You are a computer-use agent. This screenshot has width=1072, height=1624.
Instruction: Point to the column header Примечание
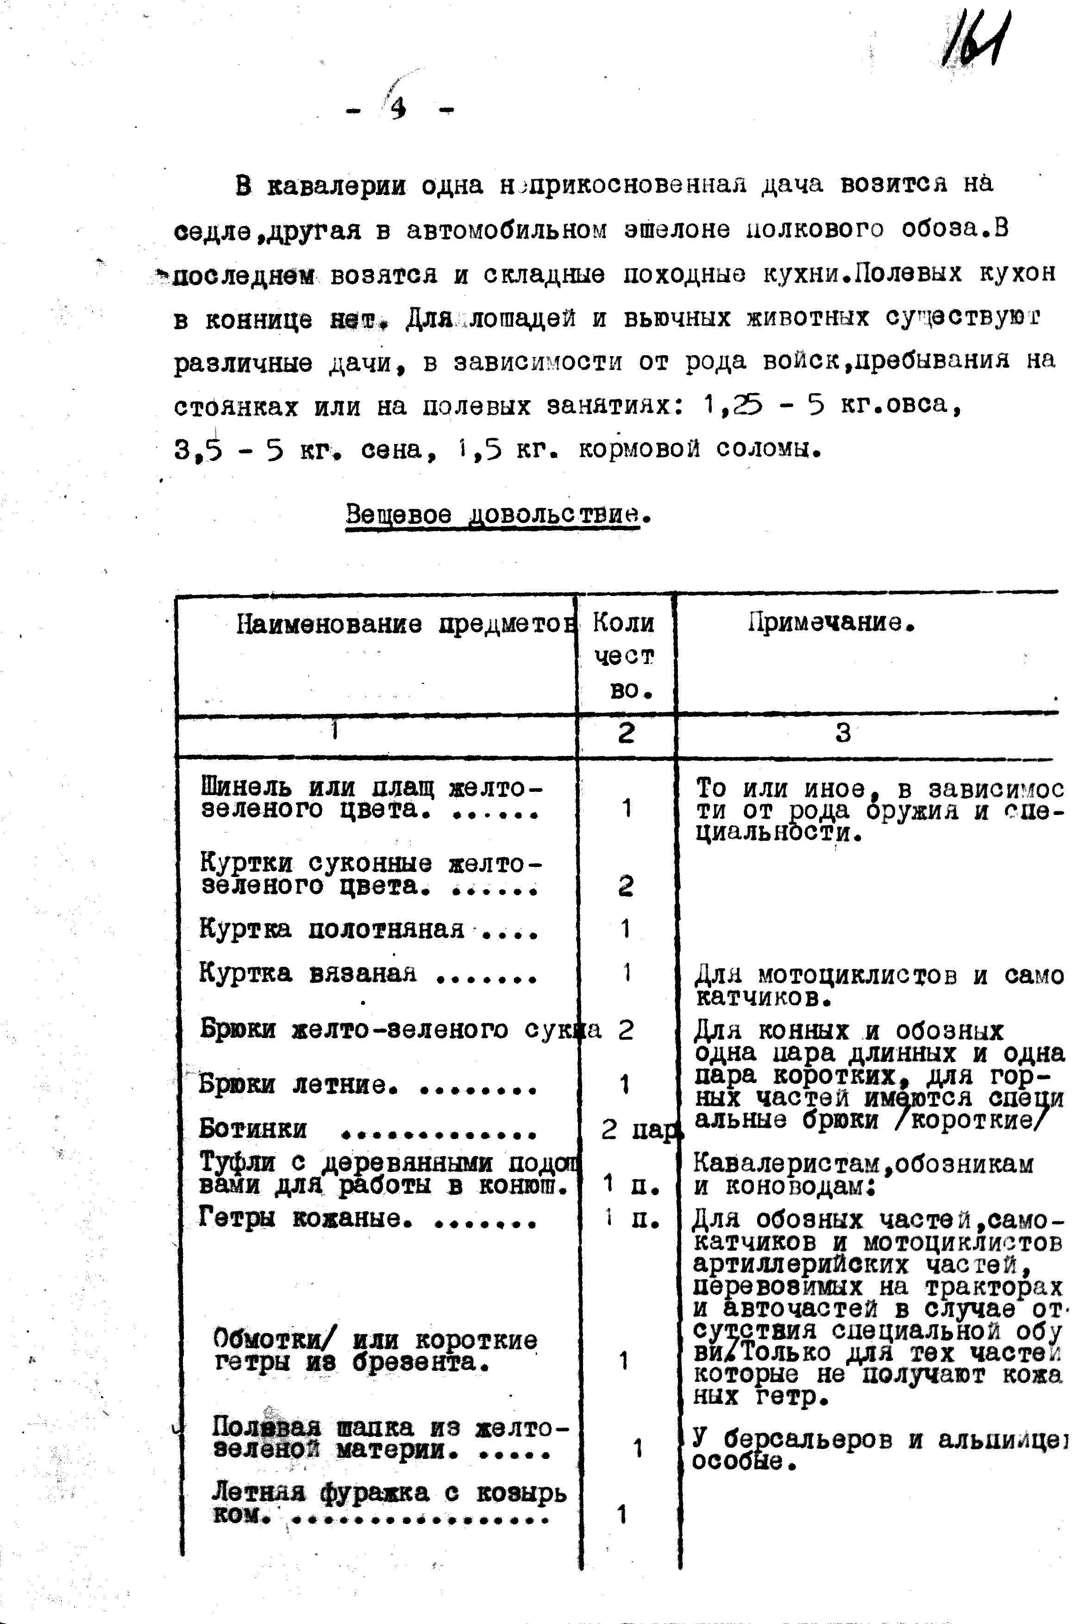tap(831, 622)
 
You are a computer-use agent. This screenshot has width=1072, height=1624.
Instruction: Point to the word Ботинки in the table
tap(253, 1129)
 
